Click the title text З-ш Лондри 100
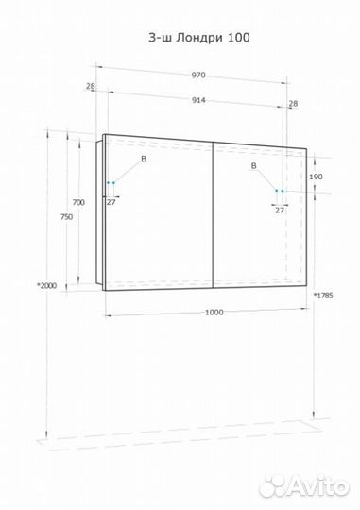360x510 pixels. (199, 38)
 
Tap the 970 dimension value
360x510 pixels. (198, 76)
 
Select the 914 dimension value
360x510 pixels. (198, 100)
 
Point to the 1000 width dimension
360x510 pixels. (214, 313)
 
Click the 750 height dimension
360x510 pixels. (66, 217)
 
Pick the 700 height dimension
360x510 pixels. (78, 202)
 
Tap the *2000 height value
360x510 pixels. (47, 286)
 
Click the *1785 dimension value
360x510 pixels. (323, 296)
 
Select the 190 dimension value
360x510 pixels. (316, 177)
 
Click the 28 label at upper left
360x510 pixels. (91, 86)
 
